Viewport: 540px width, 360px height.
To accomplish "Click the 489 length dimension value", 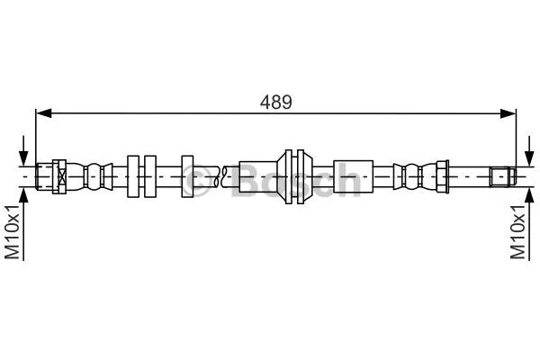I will (x=276, y=102).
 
